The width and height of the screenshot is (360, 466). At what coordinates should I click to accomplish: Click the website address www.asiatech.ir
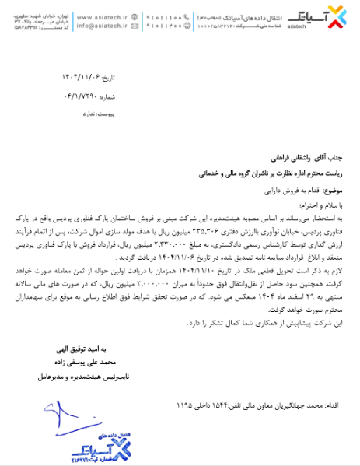(x=105, y=15)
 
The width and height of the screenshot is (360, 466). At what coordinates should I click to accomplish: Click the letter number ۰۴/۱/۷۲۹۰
(x=79, y=98)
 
